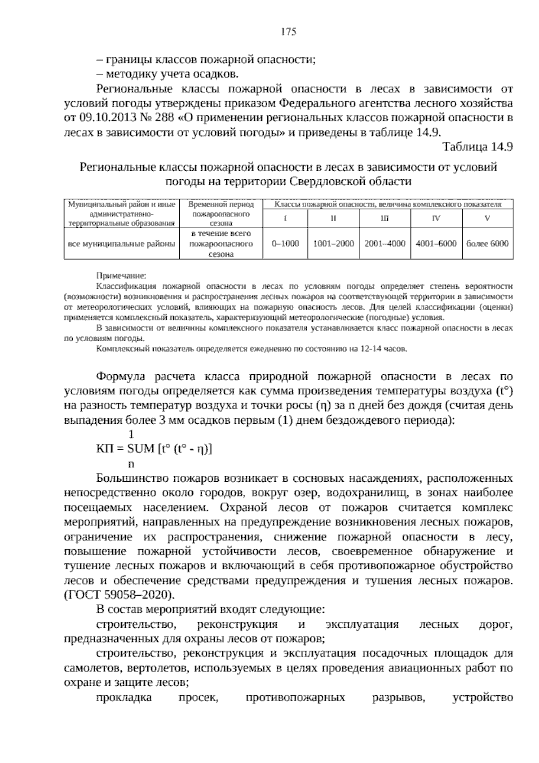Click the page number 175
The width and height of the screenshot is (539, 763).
tap(288, 31)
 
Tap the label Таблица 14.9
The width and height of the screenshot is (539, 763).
tap(477, 147)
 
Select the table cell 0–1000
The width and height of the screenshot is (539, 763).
tap(285, 244)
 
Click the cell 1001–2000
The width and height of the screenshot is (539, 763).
tap(333, 244)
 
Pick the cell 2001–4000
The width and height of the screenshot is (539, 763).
tap(385, 244)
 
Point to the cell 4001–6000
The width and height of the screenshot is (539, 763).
tap(436, 244)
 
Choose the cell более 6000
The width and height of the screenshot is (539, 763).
tap(487, 244)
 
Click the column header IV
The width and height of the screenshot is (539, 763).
tap(436, 218)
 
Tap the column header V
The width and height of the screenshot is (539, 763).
tap(487, 218)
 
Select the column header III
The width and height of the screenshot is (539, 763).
tap(385, 218)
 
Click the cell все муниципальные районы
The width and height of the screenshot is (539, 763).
tap(121, 244)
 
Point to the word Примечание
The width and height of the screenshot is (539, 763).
tap(121, 275)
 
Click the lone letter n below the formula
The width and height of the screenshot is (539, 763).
tap(132, 463)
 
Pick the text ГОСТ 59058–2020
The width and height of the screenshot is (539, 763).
tap(119, 595)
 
